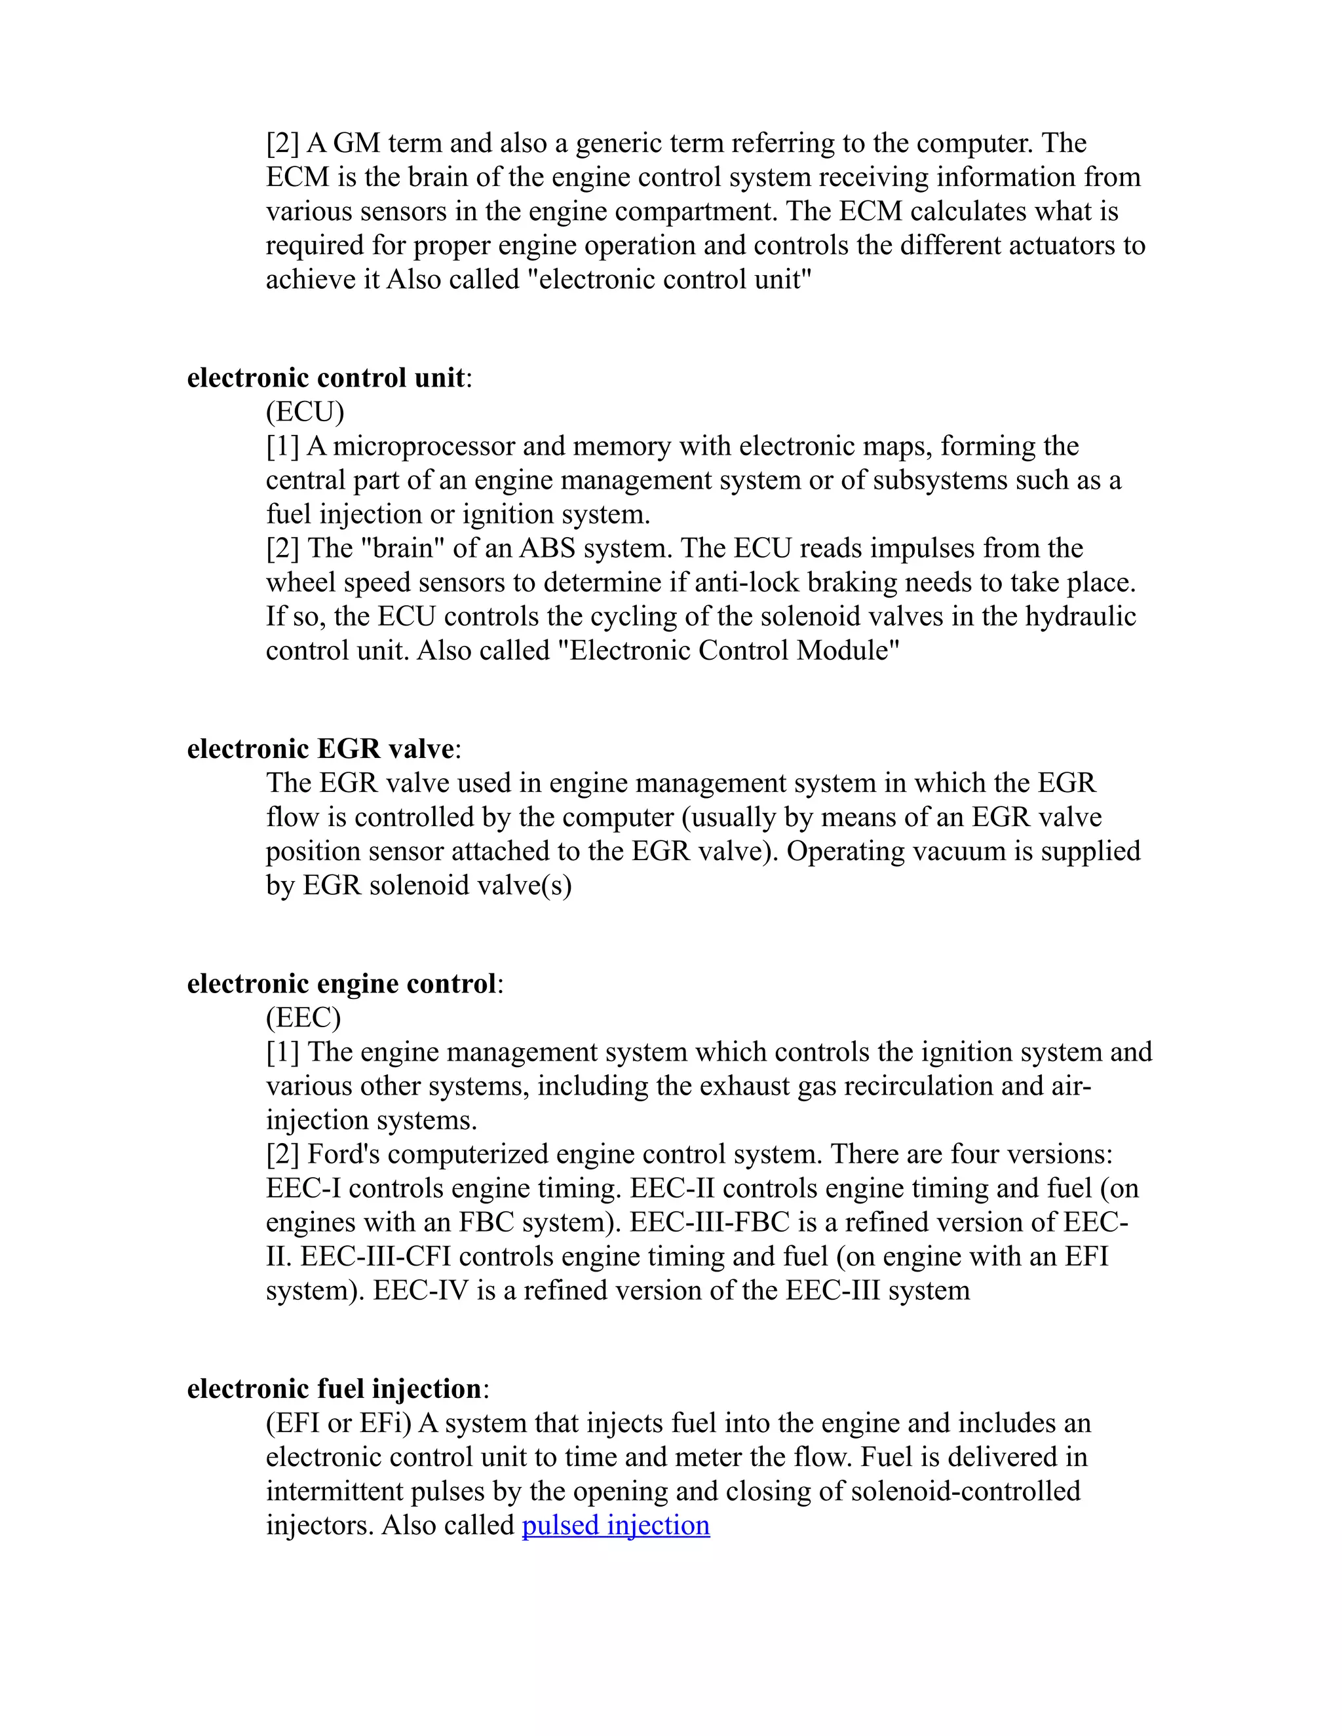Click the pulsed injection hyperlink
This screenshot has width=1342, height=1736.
(x=615, y=1525)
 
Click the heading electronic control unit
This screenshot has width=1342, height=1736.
(x=325, y=377)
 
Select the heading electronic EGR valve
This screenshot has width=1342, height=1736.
(x=320, y=749)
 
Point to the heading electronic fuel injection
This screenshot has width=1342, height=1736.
(x=334, y=1389)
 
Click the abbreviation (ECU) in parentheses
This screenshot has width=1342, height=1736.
(x=305, y=412)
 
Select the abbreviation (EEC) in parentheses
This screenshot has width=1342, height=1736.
(x=303, y=1017)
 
